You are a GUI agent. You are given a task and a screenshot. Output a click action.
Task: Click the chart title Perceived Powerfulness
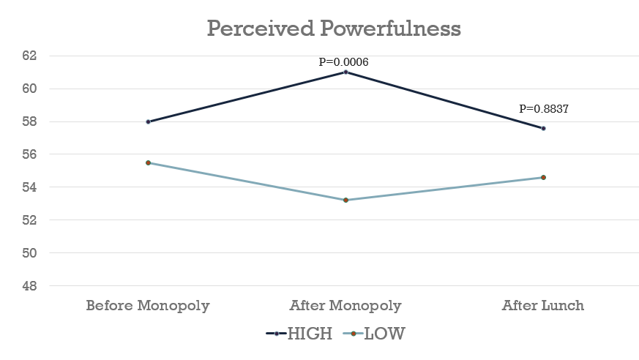[x=334, y=29]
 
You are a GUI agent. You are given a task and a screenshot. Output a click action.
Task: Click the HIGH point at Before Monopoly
[x=148, y=121]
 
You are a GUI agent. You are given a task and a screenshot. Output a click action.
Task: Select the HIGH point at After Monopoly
[x=345, y=72]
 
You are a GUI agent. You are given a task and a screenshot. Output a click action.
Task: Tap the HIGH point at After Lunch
[x=543, y=128]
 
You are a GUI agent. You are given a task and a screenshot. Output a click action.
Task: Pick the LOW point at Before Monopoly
[x=148, y=162]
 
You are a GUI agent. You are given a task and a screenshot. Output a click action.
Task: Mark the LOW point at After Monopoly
[x=345, y=200]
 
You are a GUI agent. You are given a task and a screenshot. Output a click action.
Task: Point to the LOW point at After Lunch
[x=543, y=177]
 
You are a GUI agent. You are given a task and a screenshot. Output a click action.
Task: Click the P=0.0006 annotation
[x=343, y=61]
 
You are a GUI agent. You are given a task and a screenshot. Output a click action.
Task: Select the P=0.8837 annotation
[x=544, y=108]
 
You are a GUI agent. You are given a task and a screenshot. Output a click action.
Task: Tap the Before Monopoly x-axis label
[x=148, y=305]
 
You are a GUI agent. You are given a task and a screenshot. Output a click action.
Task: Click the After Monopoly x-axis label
[x=345, y=305]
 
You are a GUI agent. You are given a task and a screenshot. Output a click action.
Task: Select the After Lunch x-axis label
[x=543, y=305]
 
